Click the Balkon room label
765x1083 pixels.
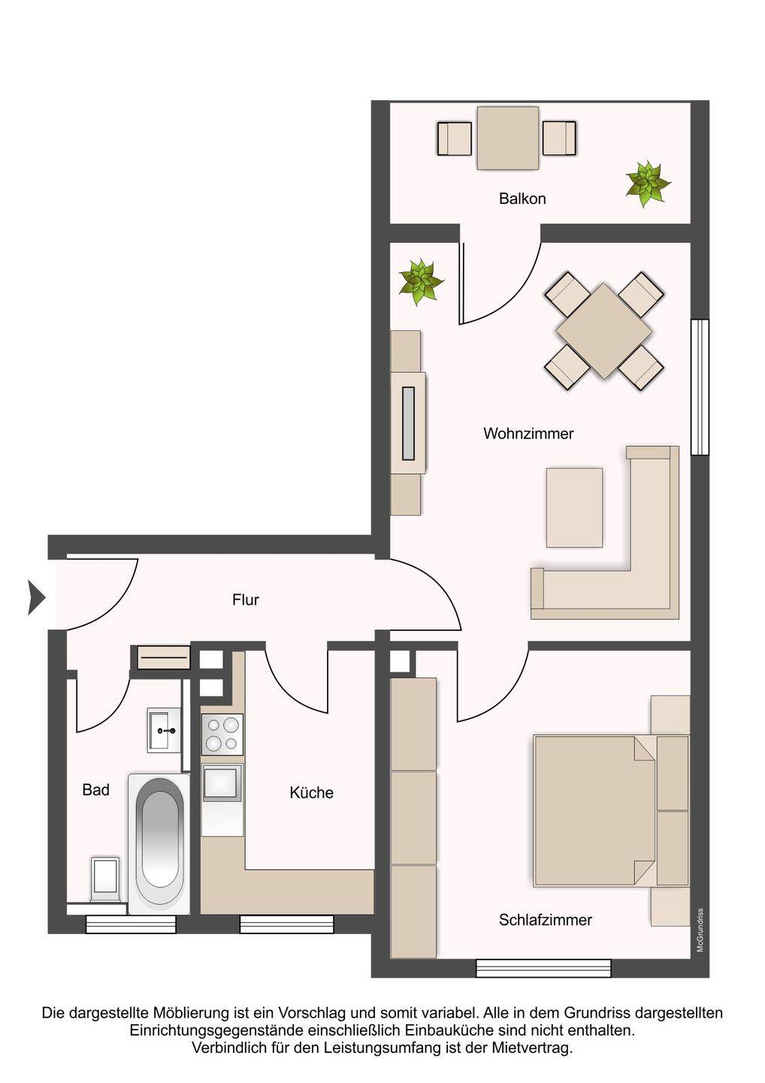click(x=522, y=199)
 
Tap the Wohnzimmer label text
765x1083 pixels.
click(x=528, y=433)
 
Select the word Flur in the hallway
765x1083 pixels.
click(x=245, y=600)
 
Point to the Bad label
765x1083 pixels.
click(x=95, y=790)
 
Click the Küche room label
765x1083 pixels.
click(x=312, y=793)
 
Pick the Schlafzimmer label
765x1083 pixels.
click(x=546, y=920)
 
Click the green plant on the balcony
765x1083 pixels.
click(x=647, y=184)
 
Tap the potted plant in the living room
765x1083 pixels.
click(x=420, y=282)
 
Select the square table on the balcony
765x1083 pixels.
click(x=507, y=138)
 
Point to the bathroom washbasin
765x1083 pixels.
click(x=165, y=730)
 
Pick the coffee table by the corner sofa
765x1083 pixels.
click(x=574, y=507)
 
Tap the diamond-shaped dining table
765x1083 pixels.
click(x=603, y=331)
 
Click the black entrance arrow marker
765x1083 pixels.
click(x=36, y=598)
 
